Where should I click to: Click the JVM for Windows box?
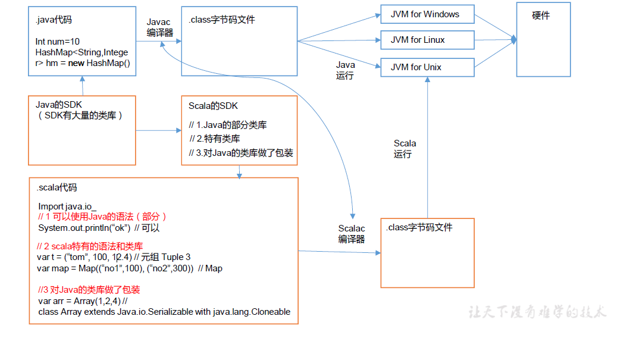point(427,15)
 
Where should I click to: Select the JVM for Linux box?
point(427,40)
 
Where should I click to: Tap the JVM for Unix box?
point(427,67)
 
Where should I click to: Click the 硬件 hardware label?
point(541,16)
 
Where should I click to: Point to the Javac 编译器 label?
point(159,27)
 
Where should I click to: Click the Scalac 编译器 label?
point(352,234)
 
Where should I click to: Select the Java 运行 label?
point(345,70)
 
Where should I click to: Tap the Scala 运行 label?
point(405,149)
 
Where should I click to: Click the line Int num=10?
point(58,42)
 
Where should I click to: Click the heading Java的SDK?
point(59,105)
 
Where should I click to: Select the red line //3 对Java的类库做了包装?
point(89,290)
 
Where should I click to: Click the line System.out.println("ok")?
point(84,228)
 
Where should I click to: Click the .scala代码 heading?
point(57,187)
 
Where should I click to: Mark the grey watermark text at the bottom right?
point(537,312)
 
